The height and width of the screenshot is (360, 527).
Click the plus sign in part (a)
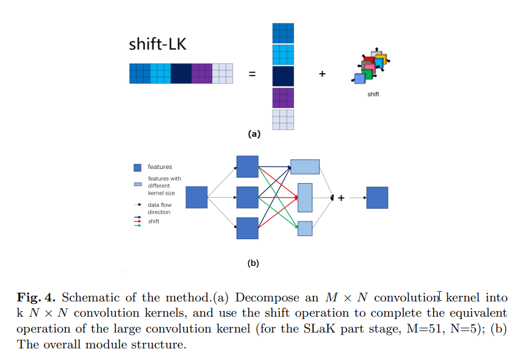click(322, 74)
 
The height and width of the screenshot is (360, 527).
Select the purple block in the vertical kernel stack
click(283, 98)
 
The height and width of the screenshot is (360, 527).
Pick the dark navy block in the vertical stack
click(283, 76)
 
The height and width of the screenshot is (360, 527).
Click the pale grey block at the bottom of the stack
click(283, 120)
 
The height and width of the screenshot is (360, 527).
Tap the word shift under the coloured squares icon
click(373, 95)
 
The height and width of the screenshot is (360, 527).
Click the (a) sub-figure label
click(254, 134)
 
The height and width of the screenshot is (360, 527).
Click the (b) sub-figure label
click(254, 264)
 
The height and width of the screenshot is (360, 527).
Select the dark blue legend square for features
click(138, 167)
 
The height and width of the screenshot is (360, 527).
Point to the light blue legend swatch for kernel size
click(138, 184)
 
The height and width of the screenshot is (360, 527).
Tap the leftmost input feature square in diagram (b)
click(196, 198)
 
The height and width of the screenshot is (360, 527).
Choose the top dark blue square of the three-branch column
click(248, 166)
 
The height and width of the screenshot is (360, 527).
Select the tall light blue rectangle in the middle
click(305, 197)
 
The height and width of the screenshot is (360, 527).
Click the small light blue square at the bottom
click(305, 228)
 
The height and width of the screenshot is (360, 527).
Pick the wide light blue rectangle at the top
click(305, 167)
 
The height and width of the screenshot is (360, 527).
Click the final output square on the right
click(377, 198)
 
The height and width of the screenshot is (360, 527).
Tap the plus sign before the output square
click(341, 198)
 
